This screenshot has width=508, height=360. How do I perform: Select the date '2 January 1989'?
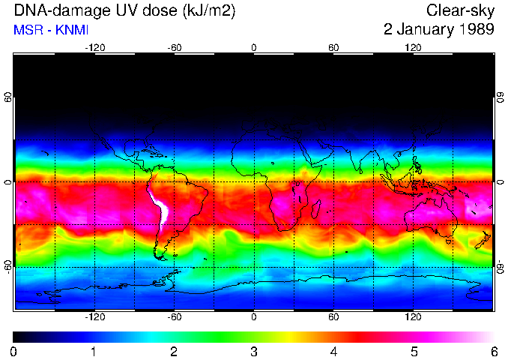pyautogui.click(x=438, y=30)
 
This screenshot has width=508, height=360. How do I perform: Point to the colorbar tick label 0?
pyautogui.click(x=14, y=351)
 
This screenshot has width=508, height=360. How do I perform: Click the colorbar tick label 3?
pyautogui.click(x=254, y=351)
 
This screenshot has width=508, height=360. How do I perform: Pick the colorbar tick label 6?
pyautogui.click(x=493, y=351)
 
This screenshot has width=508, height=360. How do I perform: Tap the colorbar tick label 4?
pyautogui.click(x=333, y=351)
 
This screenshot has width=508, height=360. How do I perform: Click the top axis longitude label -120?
pyautogui.click(x=94, y=48)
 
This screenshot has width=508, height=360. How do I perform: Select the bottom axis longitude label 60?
pyautogui.click(x=333, y=316)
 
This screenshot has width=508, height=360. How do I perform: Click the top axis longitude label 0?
pyautogui.click(x=254, y=48)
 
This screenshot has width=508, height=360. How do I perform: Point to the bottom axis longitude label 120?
pyautogui.click(x=413, y=316)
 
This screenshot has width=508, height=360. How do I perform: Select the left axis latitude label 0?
pyautogui.click(x=7, y=182)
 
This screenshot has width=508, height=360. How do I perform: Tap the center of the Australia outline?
pyautogui.click(x=432, y=217)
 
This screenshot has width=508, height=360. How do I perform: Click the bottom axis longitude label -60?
pyautogui.click(x=175, y=316)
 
